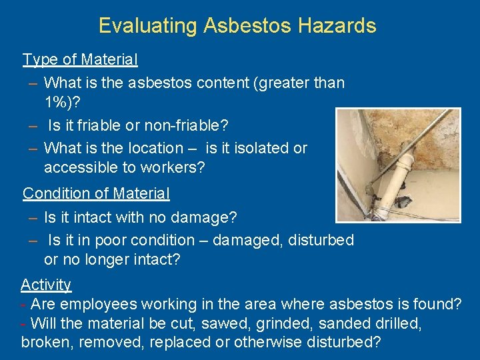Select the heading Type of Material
[x=80, y=59]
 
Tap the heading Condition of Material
[x=96, y=193]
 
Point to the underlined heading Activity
[x=46, y=285]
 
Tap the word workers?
[x=173, y=167]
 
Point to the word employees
[x=97, y=305]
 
